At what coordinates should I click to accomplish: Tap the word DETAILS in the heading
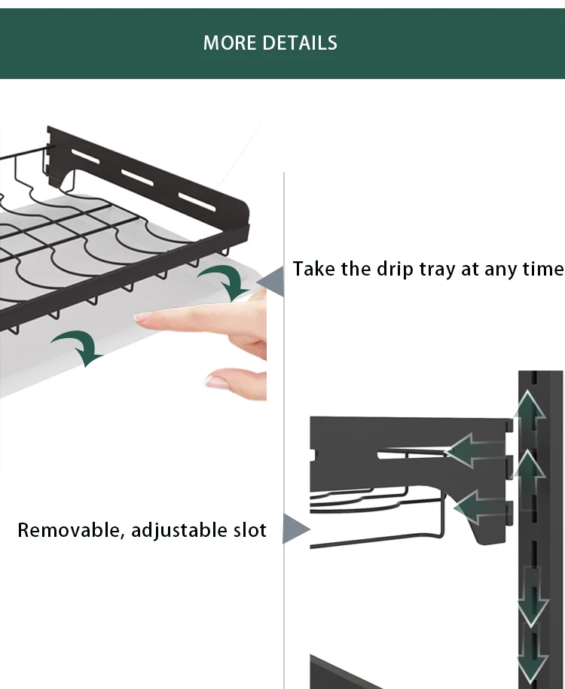(x=298, y=43)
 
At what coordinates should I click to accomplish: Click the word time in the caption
(x=540, y=269)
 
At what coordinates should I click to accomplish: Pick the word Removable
(x=67, y=530)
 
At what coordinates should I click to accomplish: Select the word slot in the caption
(x=248, y=530)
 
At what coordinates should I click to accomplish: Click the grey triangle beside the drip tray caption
(x=273, y=282)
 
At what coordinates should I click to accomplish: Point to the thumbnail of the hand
(x=217, y=381)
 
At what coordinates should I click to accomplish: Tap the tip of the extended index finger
(x=140, y=317)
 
